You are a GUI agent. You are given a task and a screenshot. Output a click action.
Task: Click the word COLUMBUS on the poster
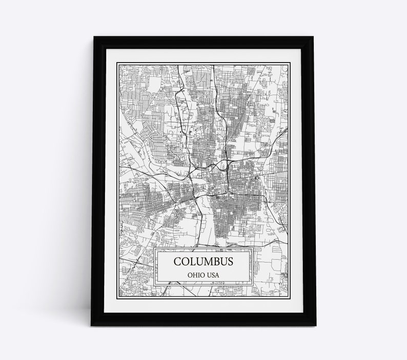[203, 262]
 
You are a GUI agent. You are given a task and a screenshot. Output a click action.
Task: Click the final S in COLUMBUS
[230, 262]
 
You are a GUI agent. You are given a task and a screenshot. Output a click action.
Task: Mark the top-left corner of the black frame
[91, 36]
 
